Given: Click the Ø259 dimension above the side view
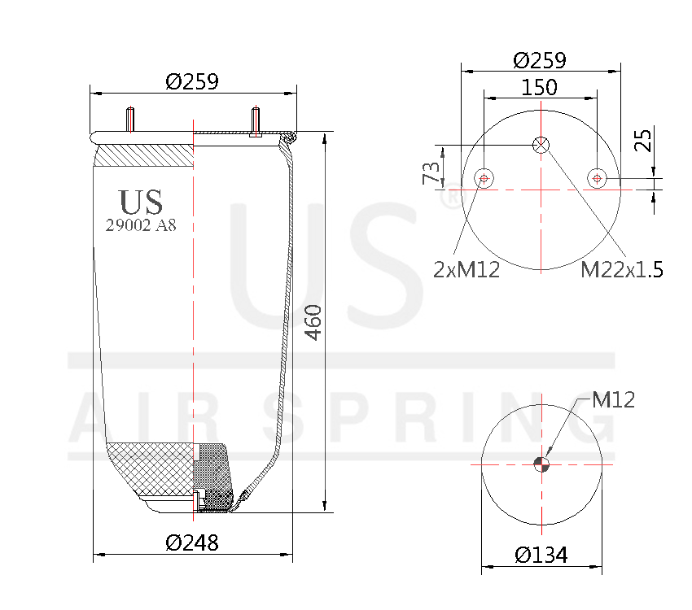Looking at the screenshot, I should point(192,82).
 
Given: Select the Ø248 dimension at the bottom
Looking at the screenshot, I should point(192,542).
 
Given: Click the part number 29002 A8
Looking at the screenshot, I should point(141,226).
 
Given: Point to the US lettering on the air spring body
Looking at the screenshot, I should point(141,202).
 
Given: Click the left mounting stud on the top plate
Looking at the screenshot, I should point(129,120).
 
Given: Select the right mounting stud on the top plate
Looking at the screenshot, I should point(256,122).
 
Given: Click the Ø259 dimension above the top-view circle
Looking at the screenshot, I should point(540,60).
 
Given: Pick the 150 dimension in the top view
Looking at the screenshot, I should point(540,87).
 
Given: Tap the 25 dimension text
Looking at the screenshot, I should point(666,140).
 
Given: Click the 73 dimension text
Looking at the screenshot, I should point(431,172).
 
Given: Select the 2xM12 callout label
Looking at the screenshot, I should point(466,269).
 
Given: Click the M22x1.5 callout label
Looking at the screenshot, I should point(621,269).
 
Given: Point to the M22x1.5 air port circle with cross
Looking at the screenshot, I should point(541,145).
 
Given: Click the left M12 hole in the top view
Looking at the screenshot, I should point(484,178).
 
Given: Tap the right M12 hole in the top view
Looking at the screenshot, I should point(597,178).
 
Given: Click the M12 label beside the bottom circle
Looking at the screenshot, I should point(613,399).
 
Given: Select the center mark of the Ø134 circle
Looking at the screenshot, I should point(541,464).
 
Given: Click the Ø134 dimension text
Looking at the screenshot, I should point(541,555).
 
